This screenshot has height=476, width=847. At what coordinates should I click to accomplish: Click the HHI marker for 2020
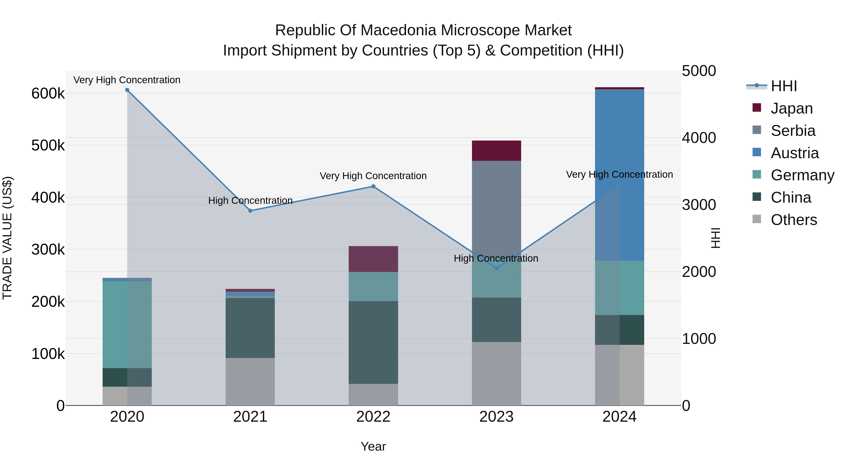pyautogui.click(x=127, y=90)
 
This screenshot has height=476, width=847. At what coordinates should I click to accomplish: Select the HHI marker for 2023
pyautogui.click(x=496, y=268)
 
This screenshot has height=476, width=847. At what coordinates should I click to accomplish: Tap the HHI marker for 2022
pyautogui.click(x=373, y=187)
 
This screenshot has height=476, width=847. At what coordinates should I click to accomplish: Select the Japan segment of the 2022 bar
pyautogui.click(x=373, y=259)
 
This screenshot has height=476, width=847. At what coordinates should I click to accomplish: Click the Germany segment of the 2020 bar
pyautogui.click(x=127, y=325)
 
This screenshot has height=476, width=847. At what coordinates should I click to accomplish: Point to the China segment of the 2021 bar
pyautogui.click(x=250, y=328)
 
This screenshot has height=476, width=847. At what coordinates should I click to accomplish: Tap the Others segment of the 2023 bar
pyautogui.click(x=496, y=374)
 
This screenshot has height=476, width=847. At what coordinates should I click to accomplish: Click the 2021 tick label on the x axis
pyautogui.click(x=250, y=417)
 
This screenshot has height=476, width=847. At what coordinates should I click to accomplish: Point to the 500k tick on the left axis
pyautogui.click(x=48, y=145)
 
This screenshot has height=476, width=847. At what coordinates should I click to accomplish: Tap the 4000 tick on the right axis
pyautogui.click(x=699, y=138)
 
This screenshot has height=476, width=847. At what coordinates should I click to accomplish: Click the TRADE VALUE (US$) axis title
pyautogui.click(x=7, y=238)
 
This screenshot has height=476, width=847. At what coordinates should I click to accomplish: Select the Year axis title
pyautogui.click(x=373, y=446)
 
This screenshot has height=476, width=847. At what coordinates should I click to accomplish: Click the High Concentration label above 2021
pyautogui.click(x=250, y=200)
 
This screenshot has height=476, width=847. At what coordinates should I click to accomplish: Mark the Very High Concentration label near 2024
pyautogui.click(x=619, y=174)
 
